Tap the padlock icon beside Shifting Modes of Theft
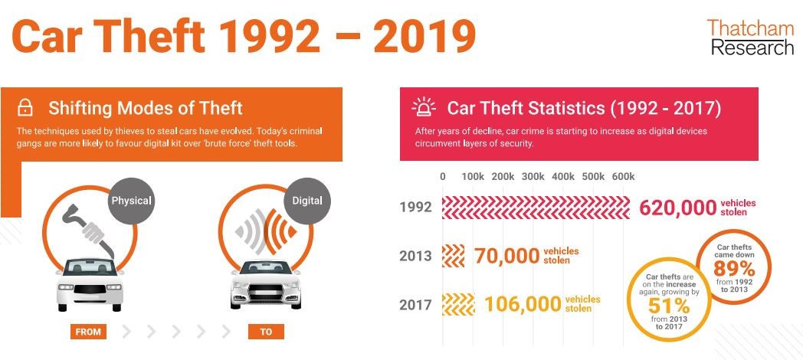coord(25,108)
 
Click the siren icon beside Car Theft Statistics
coord(424,108)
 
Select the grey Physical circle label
coord(132,200)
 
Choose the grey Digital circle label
coord(307,200)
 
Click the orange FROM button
coord(88,332)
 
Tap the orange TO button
coord(266,332)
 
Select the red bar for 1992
coord(536,208)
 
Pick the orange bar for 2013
coord(454,256)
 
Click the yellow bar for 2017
coord(458,304)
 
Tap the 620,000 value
coord(677,208)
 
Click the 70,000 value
coord(507,256)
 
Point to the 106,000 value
coord(523,304)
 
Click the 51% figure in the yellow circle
coord(669,306)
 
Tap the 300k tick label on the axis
coord(533,177)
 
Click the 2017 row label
coord(415,305)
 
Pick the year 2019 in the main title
coord(424,36)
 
